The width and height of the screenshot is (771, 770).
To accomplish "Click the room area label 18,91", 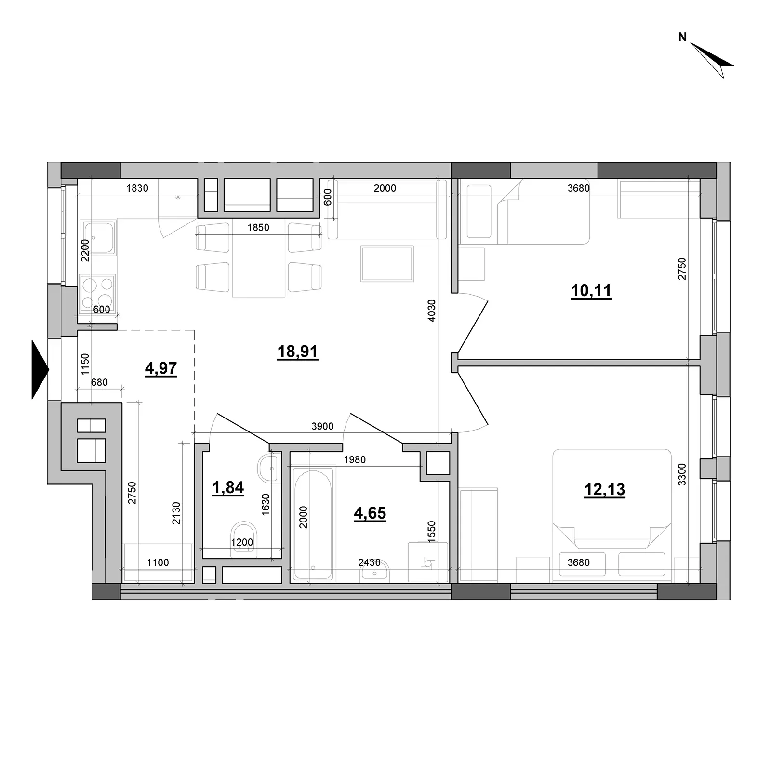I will (x=298, y=352).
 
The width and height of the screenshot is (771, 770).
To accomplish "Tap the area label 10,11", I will (x=591, y=291).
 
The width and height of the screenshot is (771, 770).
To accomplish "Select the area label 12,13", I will (x=604, y=490).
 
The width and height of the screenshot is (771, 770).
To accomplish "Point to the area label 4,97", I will (x=161, y=369).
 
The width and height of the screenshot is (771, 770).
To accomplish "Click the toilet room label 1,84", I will (x=228, y=488).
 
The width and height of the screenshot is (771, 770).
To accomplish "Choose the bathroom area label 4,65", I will (x=370, y=513).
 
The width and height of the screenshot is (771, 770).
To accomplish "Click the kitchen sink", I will (x=98, y=237).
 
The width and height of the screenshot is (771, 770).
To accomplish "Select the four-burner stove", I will (x=98, y=293).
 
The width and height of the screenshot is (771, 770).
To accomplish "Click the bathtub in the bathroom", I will (x=313, y=523).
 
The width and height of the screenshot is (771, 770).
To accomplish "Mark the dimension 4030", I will (x=431, y=311).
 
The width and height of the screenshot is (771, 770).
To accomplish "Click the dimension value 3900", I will (x=322, y=426).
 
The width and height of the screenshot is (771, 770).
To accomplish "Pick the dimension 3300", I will (x=681, y=474).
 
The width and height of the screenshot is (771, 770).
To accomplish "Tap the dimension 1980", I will (x=355, y=460).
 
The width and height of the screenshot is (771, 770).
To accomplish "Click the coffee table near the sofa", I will (x=387, y=263).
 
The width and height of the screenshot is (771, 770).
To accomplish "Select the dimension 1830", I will (x=137, y=188).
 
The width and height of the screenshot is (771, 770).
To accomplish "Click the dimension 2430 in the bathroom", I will (x=369, y=562).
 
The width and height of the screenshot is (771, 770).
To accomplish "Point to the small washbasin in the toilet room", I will (x=268, y=467).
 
